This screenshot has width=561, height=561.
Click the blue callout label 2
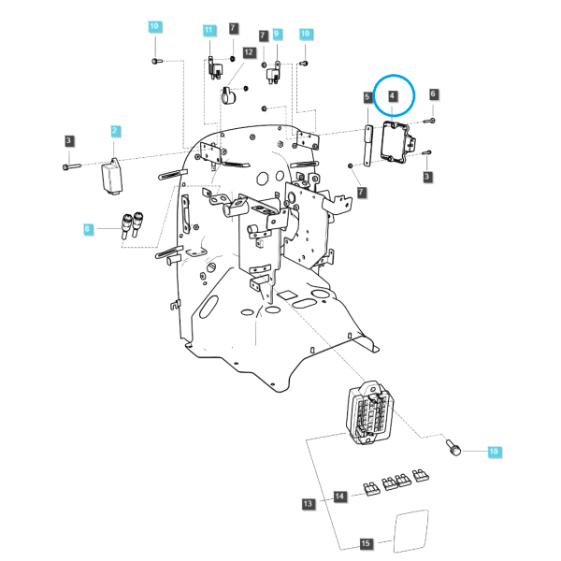point(114,131)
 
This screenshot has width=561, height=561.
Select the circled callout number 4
point(393,96)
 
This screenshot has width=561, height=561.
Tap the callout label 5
point(367,97)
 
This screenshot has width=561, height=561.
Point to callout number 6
point(433,94)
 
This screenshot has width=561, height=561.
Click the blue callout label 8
point(87,229)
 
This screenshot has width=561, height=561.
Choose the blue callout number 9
point(277,34)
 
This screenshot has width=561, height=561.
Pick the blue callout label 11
point(209,30)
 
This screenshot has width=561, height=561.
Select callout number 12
point(249,52)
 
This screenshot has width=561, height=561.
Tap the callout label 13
point(308,504)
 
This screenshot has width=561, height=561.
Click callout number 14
point(339,496)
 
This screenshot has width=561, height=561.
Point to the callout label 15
point(366,543)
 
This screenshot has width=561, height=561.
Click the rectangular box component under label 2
point(112,177)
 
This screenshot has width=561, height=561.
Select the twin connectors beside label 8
point(133,225)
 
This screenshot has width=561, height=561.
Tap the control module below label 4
point(396,142)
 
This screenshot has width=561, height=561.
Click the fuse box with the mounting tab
point(368,412)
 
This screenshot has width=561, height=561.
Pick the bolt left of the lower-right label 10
point(453,448)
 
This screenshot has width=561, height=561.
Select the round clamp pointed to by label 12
point(228,95)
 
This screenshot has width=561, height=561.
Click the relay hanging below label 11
point(215,68)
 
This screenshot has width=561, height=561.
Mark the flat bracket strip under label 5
point(367,145)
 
